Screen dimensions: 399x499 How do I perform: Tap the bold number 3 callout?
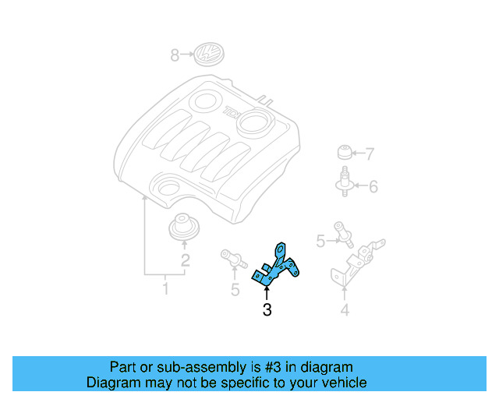267,311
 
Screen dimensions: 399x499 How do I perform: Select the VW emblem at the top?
208,55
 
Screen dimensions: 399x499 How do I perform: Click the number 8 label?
175,55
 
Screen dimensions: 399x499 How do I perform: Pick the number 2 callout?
185,261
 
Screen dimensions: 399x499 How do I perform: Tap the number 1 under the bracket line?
165,291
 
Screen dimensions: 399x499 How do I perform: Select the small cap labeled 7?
344,152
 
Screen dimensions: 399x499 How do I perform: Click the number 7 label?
370,154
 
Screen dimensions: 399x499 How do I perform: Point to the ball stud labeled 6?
344,182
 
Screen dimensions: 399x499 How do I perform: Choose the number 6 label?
373,187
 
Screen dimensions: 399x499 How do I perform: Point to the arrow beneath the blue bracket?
267,292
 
